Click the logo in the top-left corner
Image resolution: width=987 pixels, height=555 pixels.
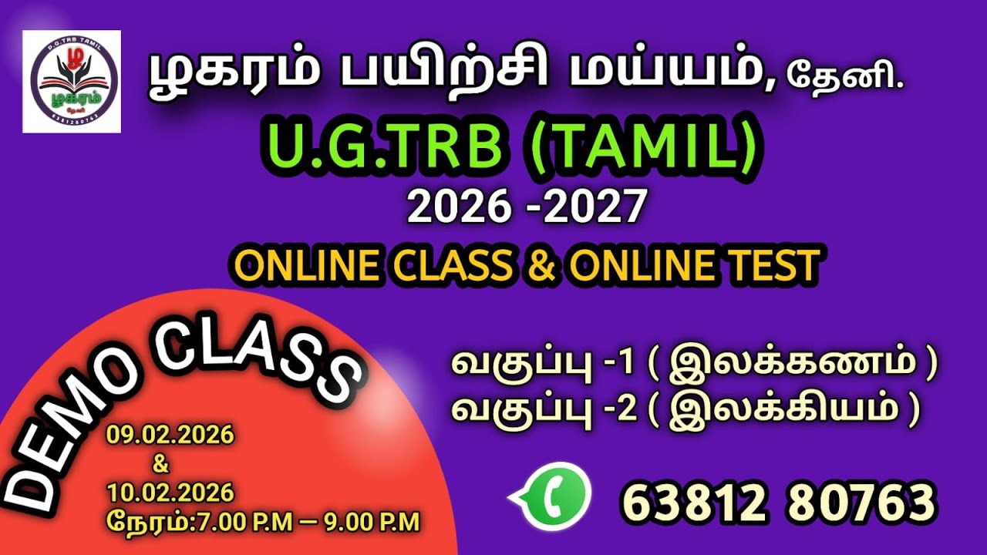[x=72, y=82]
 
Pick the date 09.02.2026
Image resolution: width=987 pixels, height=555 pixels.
[x=170, y=436]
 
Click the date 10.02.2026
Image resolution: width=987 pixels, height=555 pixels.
[x=170, y=492]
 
